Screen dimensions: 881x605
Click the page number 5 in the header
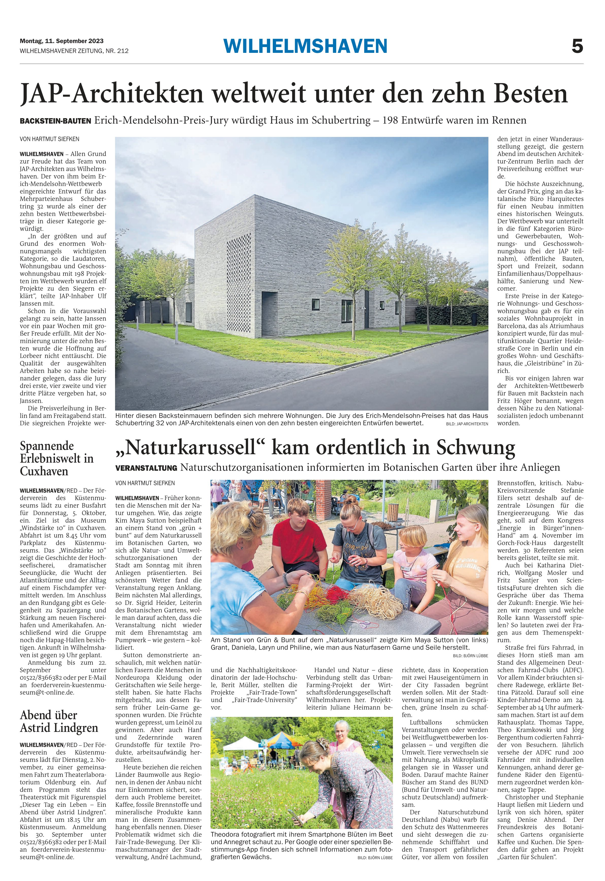pyautogui.click(x=577, y=47)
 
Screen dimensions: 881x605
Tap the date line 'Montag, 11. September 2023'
pyautogui.click(x=61, y=41)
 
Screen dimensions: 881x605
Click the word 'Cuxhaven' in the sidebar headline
pyautogui.click(x=44, y=471)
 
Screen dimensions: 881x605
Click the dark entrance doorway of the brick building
pyautogui.click(x=269, y=310)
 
